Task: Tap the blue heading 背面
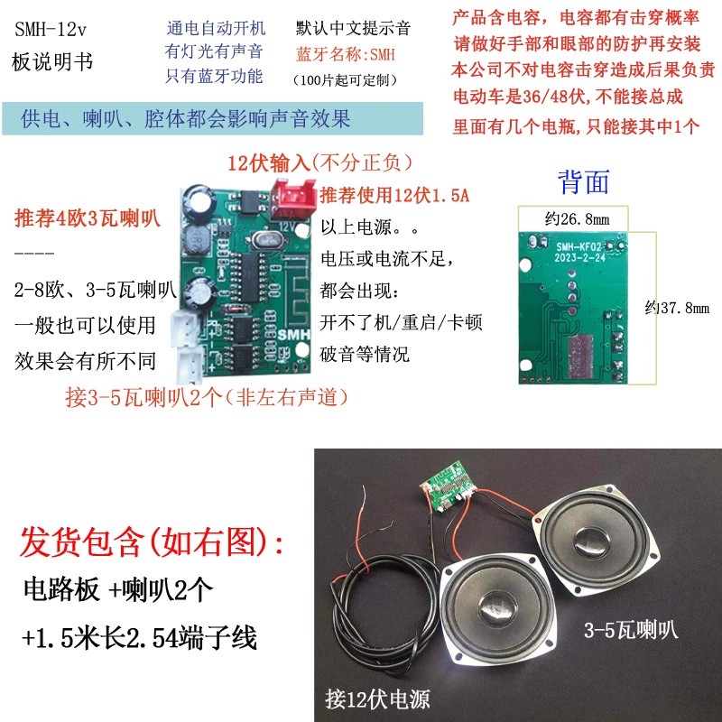583,182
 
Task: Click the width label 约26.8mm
577,218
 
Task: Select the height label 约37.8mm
677,308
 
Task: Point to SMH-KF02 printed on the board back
579,247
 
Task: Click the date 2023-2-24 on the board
579,258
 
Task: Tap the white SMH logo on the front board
293,335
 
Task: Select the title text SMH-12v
51,30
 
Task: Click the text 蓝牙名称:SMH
346,55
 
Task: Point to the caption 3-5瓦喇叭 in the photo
631,630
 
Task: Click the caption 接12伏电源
377,699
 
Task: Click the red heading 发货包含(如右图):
152,542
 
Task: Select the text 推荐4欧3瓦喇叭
87,218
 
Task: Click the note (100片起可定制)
345,80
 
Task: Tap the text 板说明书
52,61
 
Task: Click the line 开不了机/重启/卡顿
401,322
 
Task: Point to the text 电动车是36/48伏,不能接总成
568,97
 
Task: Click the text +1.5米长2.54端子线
139,638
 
